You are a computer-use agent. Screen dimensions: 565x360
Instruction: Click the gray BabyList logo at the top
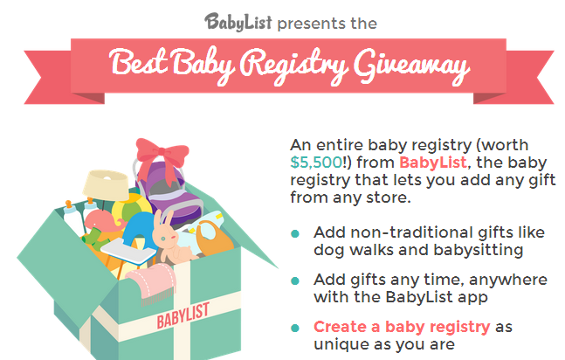point(238,22)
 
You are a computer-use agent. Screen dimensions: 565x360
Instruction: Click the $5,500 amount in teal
point(316,163)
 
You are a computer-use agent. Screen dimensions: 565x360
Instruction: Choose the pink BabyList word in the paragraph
point(433,163)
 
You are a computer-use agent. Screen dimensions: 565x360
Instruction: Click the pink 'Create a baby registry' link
point(402,327)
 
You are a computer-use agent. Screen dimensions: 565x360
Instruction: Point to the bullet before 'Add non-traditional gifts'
point(295,234)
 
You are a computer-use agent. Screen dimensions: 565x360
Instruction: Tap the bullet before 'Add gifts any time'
point(295,280)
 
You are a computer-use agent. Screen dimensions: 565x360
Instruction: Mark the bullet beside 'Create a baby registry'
point(295,328)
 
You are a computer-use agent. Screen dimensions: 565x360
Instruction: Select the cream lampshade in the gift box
point(105,184)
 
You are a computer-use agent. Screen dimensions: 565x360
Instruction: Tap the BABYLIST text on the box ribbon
point(183,315)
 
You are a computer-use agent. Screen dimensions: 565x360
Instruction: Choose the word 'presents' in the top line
point(307,24)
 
